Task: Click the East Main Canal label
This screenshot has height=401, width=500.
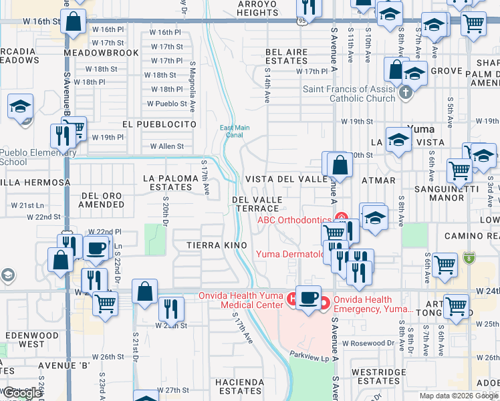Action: click(235, 132)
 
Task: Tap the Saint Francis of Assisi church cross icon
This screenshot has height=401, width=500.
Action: click(405, 93)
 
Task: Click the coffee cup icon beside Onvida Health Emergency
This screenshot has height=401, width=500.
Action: click(308, 297)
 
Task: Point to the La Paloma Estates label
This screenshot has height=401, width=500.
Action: click(171, 182)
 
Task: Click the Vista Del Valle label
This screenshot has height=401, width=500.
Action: click(286, 179)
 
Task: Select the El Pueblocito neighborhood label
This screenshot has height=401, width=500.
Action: click(159, 124)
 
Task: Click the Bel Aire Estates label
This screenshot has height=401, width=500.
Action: click(286, 56)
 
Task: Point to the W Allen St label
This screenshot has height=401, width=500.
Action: click(166, 146)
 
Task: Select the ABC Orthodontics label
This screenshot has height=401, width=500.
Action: click(295, 220)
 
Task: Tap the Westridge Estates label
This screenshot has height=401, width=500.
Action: click(378, 376)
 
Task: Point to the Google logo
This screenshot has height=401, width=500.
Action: click(22, 393)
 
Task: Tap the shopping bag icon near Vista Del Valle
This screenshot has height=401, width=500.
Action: click(340, 165)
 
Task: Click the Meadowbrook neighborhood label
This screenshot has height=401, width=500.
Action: click(101, 53)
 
